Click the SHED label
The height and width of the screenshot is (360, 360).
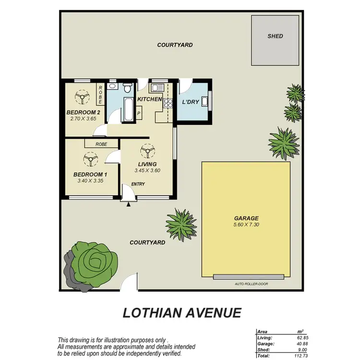point(275,36)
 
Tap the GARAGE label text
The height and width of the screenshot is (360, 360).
point(247,217)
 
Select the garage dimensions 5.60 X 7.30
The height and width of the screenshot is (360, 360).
point(247,224)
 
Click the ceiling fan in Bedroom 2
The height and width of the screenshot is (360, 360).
point(83,98)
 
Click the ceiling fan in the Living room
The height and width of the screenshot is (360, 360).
point(146,152)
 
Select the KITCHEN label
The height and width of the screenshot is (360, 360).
point(149,99)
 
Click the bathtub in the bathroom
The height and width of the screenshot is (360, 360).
point(129,110)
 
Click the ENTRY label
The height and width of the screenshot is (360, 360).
point(138,184)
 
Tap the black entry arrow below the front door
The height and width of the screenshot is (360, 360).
point(128,205)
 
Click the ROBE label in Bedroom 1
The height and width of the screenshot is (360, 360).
point(101,144)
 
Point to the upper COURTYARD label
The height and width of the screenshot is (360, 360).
point(175,45)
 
